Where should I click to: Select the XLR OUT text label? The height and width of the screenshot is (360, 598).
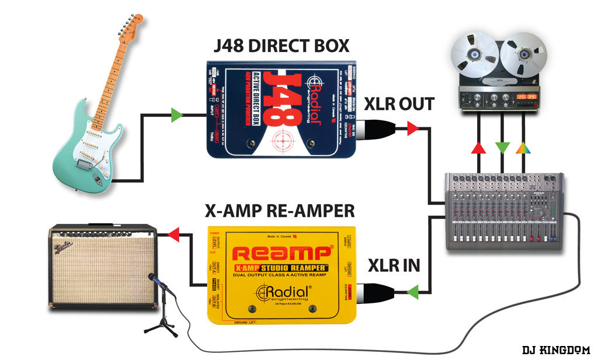pos(399,105)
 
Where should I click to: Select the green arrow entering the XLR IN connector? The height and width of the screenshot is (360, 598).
pos(413,289)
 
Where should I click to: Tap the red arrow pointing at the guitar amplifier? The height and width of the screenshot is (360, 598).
pos(172,235)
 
